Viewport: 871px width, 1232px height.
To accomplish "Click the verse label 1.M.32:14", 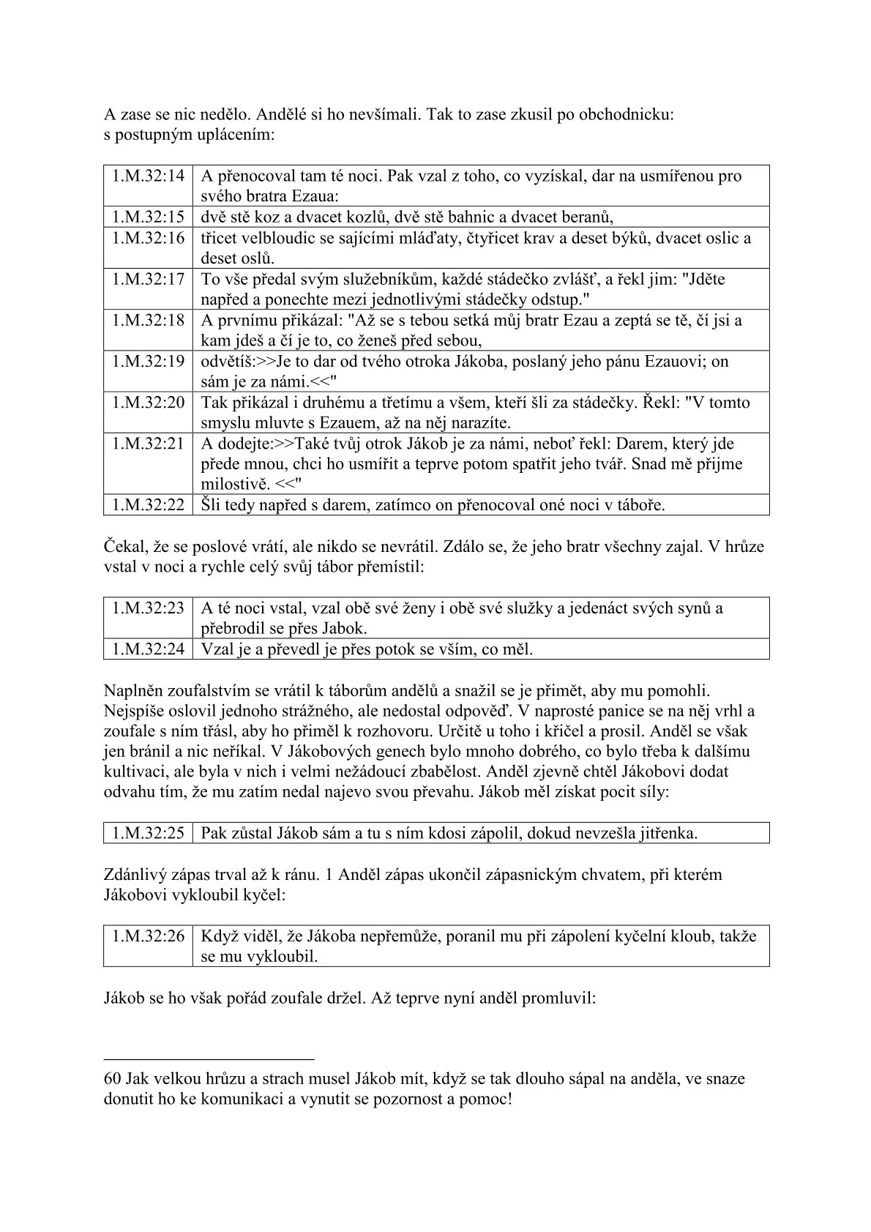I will [x=148, y=176].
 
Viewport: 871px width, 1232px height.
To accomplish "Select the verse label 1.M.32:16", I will [x=148, y=238].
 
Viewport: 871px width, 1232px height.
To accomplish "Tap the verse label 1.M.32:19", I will [x=148, y=362].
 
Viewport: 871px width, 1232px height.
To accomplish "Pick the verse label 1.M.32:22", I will [x=148, y=504].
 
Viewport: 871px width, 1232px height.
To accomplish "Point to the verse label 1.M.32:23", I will [x=148, y=608].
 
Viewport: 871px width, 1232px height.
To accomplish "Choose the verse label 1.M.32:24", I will [x=148, y=649].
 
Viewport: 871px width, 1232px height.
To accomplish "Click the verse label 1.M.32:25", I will [x=148, y=832].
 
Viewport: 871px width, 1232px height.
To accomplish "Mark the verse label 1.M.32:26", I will [x=148, y=936].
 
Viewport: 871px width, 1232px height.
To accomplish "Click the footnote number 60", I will [x=113, y=1079].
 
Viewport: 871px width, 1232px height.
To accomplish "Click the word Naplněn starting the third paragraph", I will [x=132, y=690].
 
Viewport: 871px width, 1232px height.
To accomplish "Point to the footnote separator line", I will [x=209, y=1059].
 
